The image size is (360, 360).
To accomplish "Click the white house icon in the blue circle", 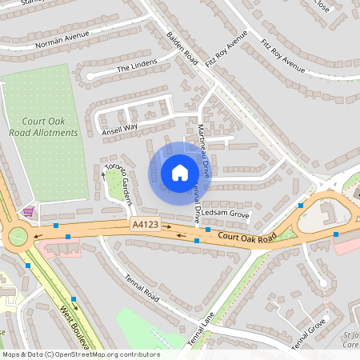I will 180,172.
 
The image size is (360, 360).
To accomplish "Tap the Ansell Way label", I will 120,126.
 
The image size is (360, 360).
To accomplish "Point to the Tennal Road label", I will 143,290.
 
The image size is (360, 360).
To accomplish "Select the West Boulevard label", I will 74,326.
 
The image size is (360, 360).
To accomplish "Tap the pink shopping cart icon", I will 30,211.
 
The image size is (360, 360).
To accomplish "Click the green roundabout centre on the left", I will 16,236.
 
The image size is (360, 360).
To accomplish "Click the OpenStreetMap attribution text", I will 80,354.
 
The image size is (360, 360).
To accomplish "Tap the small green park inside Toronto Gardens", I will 117,189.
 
